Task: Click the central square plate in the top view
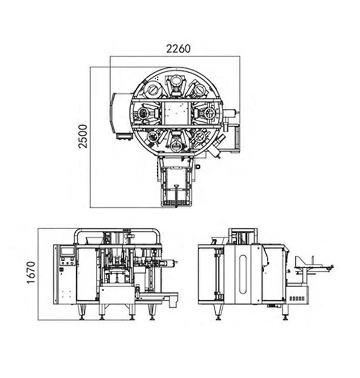[x=175, y=113]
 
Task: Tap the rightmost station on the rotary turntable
[x=207, y=113]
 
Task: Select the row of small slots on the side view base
[x=296, y=297]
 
